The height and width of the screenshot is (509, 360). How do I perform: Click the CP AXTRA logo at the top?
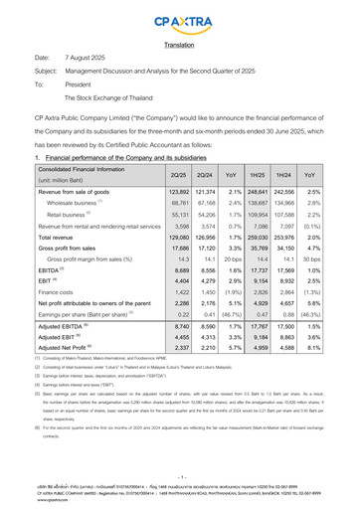tap(180, 19)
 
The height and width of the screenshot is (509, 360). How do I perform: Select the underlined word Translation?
tap(180, 45)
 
